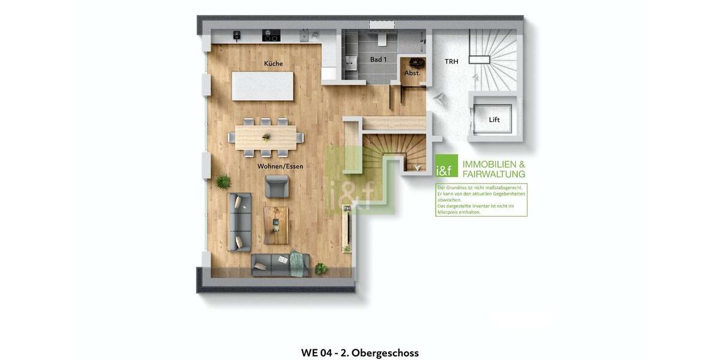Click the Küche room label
pos(273,64)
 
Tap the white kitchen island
pos(263,86)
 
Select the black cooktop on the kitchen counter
pos(271,37)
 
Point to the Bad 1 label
pos(378,59)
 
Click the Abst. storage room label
pos(412,73)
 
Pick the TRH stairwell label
pos(451,61)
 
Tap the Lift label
pos(494,120)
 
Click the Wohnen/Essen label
pos(280,166)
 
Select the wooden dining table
pos(266,137)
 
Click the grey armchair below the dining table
pos(277,187)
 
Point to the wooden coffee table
pos(276,225)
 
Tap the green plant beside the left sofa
pos(223,181)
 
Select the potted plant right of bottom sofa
pos(321,269)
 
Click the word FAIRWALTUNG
pos(494,174)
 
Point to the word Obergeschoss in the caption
pos(385,353)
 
